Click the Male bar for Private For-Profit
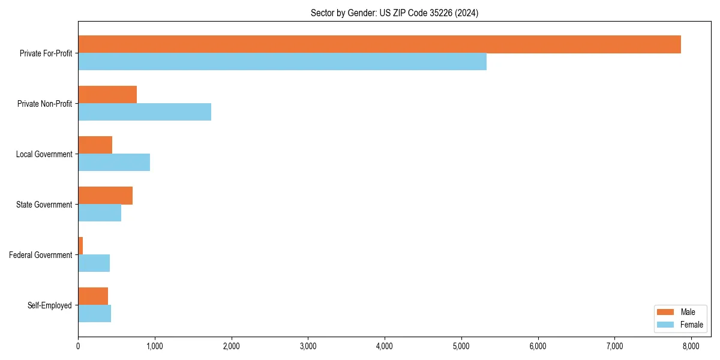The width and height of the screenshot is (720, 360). [379, 44]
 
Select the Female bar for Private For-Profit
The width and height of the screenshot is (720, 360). [282, 62]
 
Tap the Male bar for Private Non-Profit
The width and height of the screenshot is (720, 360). [107, 95]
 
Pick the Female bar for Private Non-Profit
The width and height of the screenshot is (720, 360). [145, 112]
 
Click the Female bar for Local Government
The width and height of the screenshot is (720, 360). [114, 163]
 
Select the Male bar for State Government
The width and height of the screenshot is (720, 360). [105, 196]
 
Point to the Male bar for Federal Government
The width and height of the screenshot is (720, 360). [80, 246]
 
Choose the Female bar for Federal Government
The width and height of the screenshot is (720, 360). [94, 263]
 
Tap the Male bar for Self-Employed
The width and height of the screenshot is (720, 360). [93, 296]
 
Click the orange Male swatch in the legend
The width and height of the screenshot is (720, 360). [666, 312]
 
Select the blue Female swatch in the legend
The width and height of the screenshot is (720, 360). [666, 325]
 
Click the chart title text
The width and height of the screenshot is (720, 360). [394, 13]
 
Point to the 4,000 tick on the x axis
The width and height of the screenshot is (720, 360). [385, 346]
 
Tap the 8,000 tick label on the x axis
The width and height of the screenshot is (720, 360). [691, 346]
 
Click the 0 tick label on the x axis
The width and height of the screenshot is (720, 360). [78, 346]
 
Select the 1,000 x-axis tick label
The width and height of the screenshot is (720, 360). [155, 346]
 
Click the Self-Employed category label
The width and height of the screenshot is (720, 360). [50, 305]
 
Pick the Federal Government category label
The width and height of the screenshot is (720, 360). [41, 255]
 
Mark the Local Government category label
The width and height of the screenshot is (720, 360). [44, 154]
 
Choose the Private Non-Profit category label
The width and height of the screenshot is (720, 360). [44, 104]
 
